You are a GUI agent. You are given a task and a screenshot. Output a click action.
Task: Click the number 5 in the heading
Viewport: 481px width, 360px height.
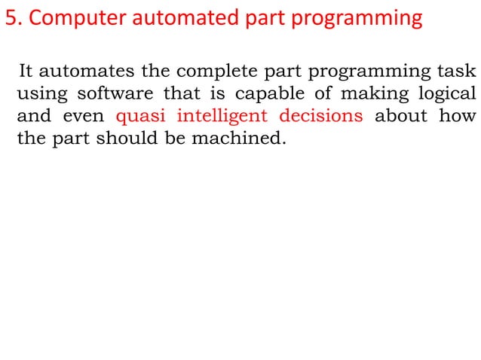(x=10, y=18)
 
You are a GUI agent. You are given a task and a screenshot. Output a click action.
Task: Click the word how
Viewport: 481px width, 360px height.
(x=459, y=117)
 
